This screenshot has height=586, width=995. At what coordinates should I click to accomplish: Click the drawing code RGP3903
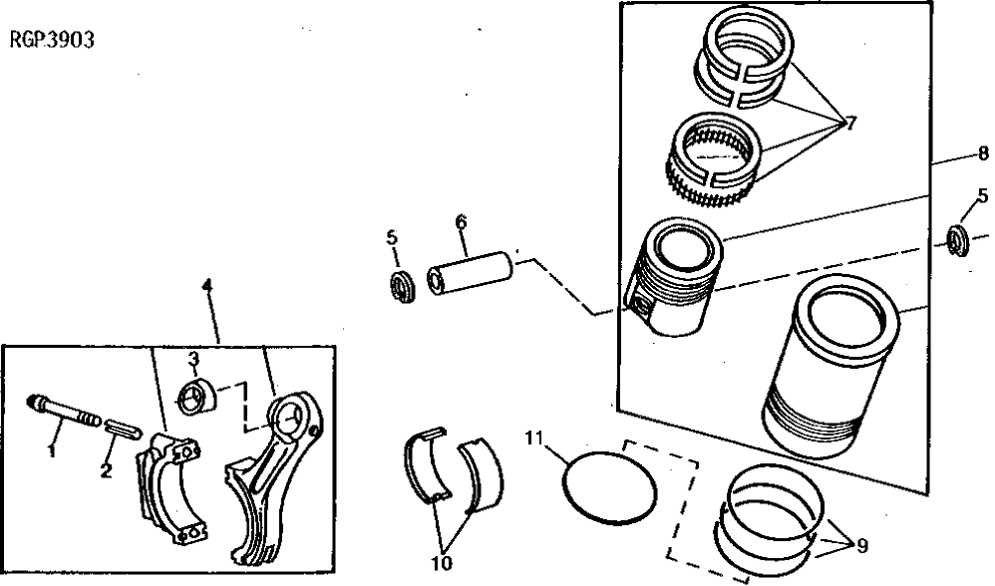pyautogui.click(x=52, y=43)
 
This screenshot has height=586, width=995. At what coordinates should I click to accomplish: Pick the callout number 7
pyautogui.click(x=850, y=124)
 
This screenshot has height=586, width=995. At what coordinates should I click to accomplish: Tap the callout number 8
pyautogui.click(x=982, y=153)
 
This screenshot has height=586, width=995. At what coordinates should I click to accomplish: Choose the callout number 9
pyautogui.click(x=860, y=545)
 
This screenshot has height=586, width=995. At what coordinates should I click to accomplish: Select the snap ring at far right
pyautogui.click(x=959, y=239)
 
